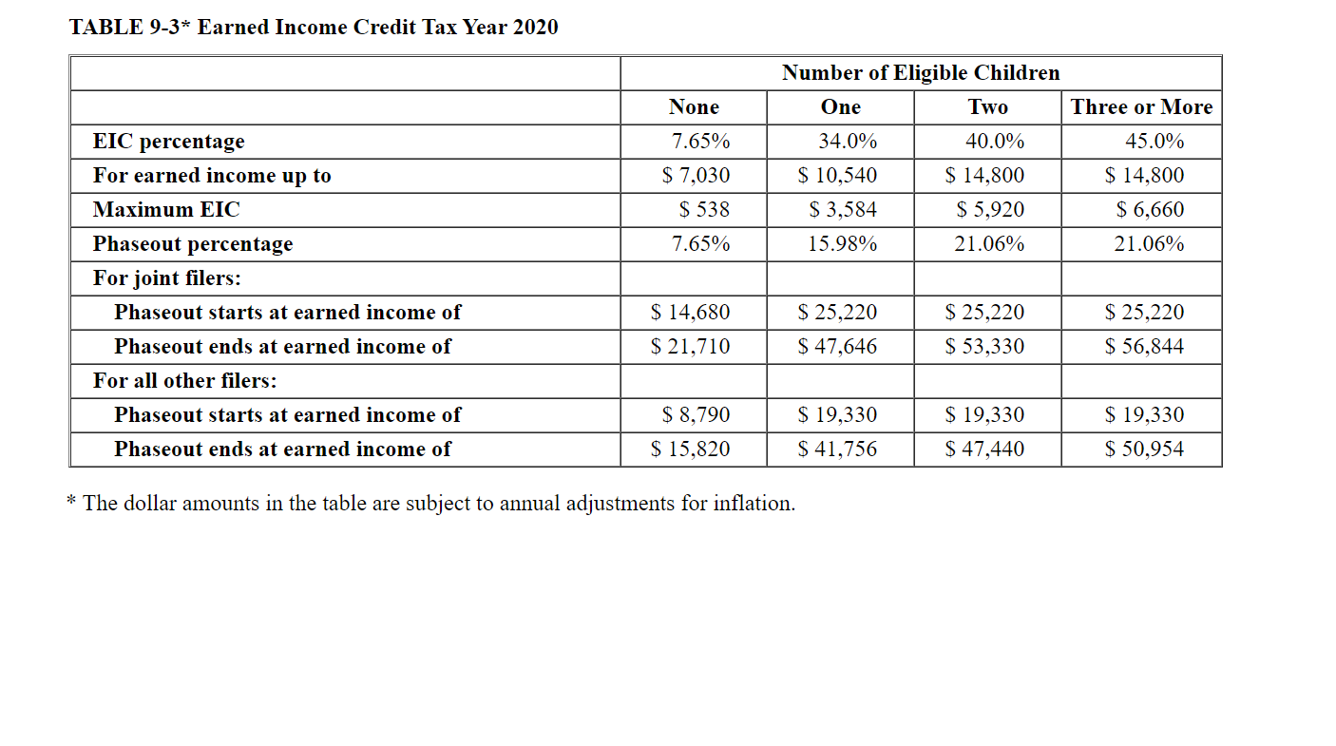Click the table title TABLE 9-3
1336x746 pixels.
[313, 27]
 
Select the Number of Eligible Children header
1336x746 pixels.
[920, 73]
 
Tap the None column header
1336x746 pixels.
[694, 107]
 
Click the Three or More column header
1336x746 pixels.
[1141, 107]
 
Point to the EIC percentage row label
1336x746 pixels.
[168, 142]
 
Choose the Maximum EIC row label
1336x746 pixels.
[166, 210]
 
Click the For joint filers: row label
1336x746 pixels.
[166, 278]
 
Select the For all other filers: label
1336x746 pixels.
[184, 381]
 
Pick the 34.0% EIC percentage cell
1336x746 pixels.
[848, 142]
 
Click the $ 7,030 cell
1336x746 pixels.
[696, 176]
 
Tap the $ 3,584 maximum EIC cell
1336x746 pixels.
[843, 210]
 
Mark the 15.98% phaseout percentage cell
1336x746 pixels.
[842, 244]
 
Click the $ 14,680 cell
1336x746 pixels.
[690, 313]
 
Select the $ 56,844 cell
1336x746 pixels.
[1144, 347]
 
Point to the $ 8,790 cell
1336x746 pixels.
[696, 415]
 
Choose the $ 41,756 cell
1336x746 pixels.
[837, 450]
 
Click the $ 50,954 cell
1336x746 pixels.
[1144, 450]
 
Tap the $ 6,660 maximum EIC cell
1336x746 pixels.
[1150, 210]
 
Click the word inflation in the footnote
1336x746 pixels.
[755, 504]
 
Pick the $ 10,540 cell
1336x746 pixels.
[837, 176]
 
